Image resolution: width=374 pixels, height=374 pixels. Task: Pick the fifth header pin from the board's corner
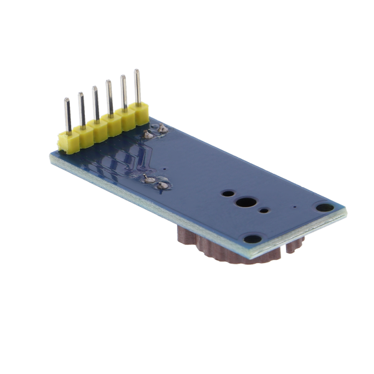[x=123, y=92]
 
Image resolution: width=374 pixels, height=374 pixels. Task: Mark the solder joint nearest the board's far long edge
[x=163, y=129]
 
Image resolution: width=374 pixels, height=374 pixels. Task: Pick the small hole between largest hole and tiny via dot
[x=265, y=210]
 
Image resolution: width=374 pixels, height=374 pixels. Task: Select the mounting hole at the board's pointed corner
[x=323, y=208]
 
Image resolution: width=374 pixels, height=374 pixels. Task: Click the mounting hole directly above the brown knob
[x=251, y=238]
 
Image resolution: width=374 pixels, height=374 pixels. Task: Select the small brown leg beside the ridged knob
[x=290, y=249]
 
